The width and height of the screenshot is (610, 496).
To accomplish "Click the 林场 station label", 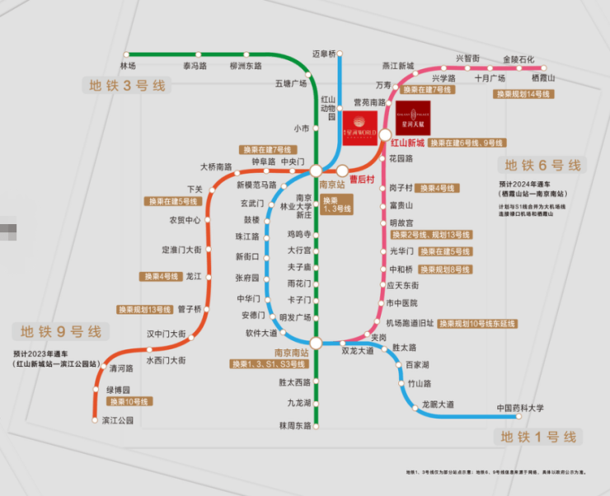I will (x=128, y=65).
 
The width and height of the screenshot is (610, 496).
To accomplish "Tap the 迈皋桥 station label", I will (x=325, y=54).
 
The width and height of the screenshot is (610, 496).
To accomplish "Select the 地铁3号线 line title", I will (x=128, y=85).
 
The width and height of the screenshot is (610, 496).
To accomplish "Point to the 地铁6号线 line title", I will (x=543, y=165).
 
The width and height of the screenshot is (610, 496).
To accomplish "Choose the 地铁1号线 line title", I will (x=538, y=437).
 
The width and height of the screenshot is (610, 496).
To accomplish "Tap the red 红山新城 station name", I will (x=407, y=143).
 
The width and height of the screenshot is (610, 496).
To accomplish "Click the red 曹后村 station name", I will (x=362, y=180).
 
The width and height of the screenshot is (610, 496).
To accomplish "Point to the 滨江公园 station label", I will (x=112, y=420).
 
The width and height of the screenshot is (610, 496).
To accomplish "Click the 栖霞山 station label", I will (x=544, y=77).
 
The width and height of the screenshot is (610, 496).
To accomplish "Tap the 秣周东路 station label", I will (x=294, y=426).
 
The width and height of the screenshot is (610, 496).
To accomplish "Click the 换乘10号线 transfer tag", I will (x=127, y=402).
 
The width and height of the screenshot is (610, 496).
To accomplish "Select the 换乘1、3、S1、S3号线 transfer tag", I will (x=269, y=363).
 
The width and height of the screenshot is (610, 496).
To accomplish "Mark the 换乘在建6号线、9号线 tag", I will (x=469, y=143).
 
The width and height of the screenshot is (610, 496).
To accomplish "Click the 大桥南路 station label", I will (x=216, y=166).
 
